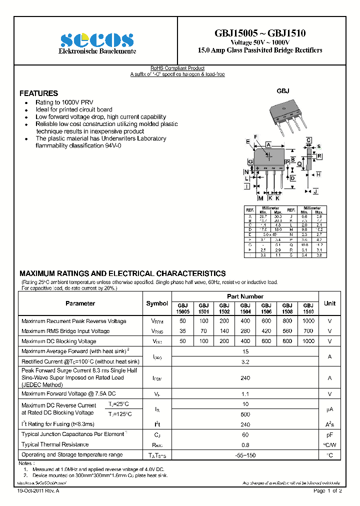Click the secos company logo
coord(97,40)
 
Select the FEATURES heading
coord(38,93)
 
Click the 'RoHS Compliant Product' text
coord(177,68)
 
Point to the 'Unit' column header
coord(329,303)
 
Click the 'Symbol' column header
coord(157,303)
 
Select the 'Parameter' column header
coord(80,303)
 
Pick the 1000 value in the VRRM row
coord(308,321)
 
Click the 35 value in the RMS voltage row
coord(182,331)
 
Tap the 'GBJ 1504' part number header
coord(245,308)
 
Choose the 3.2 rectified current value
coord(245,361)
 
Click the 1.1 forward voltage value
coord(245,394)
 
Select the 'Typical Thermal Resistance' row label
coord(55,444)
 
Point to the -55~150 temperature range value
coord(245,455)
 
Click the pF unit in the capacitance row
coord(329,434)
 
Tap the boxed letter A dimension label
coord(268,144)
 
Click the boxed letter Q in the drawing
coord(299,163)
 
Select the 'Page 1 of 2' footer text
coord(327,491)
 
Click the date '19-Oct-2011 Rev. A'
coord(38,491)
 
